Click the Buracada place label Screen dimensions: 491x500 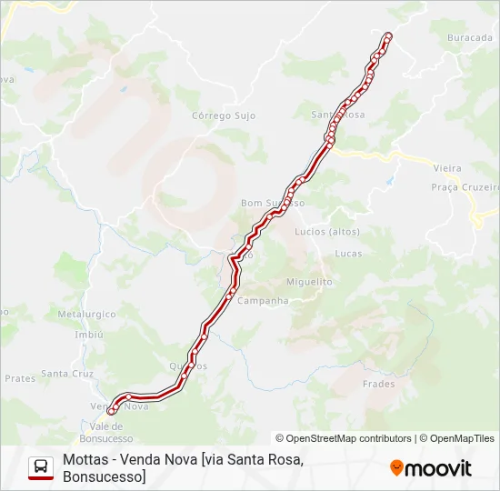point(469,38)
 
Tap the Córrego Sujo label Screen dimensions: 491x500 point(224,116)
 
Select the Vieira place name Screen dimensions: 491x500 point(447,168)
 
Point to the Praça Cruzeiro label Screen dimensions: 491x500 point(465,186)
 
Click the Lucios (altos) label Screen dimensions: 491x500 point(327,231)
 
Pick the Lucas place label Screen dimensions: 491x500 point(348,253)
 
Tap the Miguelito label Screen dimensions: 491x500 point(309,282)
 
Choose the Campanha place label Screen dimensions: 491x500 point(263,301)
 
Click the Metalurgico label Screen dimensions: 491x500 point(86,314)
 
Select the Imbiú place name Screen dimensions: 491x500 point(89,334)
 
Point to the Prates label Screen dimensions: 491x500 point(19,377)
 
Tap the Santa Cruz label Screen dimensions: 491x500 point(67,374)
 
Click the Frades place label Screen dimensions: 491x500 point(378,384)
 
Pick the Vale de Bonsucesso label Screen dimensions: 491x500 point(113,432)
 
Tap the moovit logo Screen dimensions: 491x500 point(431,468)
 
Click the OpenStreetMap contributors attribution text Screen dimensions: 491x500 point(344,438)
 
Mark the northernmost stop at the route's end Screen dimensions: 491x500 point(388,35)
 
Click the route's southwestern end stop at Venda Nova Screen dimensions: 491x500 point(112,411)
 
